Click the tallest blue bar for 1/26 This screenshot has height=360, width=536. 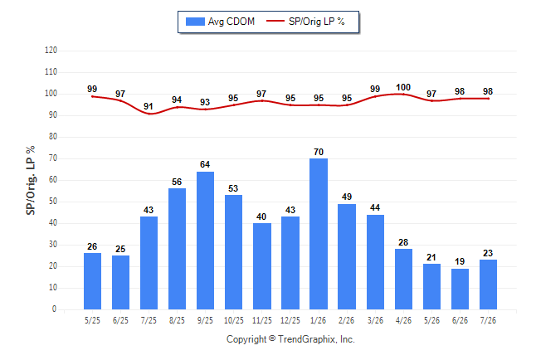[x=319, y=234]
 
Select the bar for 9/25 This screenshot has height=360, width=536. [x=205, y=241]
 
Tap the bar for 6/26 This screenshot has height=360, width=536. [x=460, y=289]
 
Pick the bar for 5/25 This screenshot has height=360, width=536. [x=92, y=281]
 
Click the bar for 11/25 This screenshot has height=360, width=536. [x=262, y=266]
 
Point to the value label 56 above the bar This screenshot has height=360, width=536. [x=177, y=182]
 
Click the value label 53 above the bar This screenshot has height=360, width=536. [x=233, y=188]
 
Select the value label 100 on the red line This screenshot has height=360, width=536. [x=403, y=88]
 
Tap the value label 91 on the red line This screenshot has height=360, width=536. [x=149, y=106]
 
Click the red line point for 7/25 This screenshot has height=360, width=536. [x=149, y=114]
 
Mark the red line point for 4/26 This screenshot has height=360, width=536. [x=403, y=94]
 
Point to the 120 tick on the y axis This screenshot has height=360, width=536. [x=51, y=51]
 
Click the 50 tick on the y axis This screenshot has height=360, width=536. [x=52, y=202]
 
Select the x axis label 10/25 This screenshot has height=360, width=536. [x=233, y=320]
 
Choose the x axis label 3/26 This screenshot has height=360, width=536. [x=375, y=320]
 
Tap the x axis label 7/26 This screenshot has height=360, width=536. [x=488, y=320]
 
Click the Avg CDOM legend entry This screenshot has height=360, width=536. [x=220, y=22]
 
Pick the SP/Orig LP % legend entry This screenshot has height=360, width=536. [x=305, y=22]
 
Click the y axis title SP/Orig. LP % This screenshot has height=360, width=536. [x=31, y=180]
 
